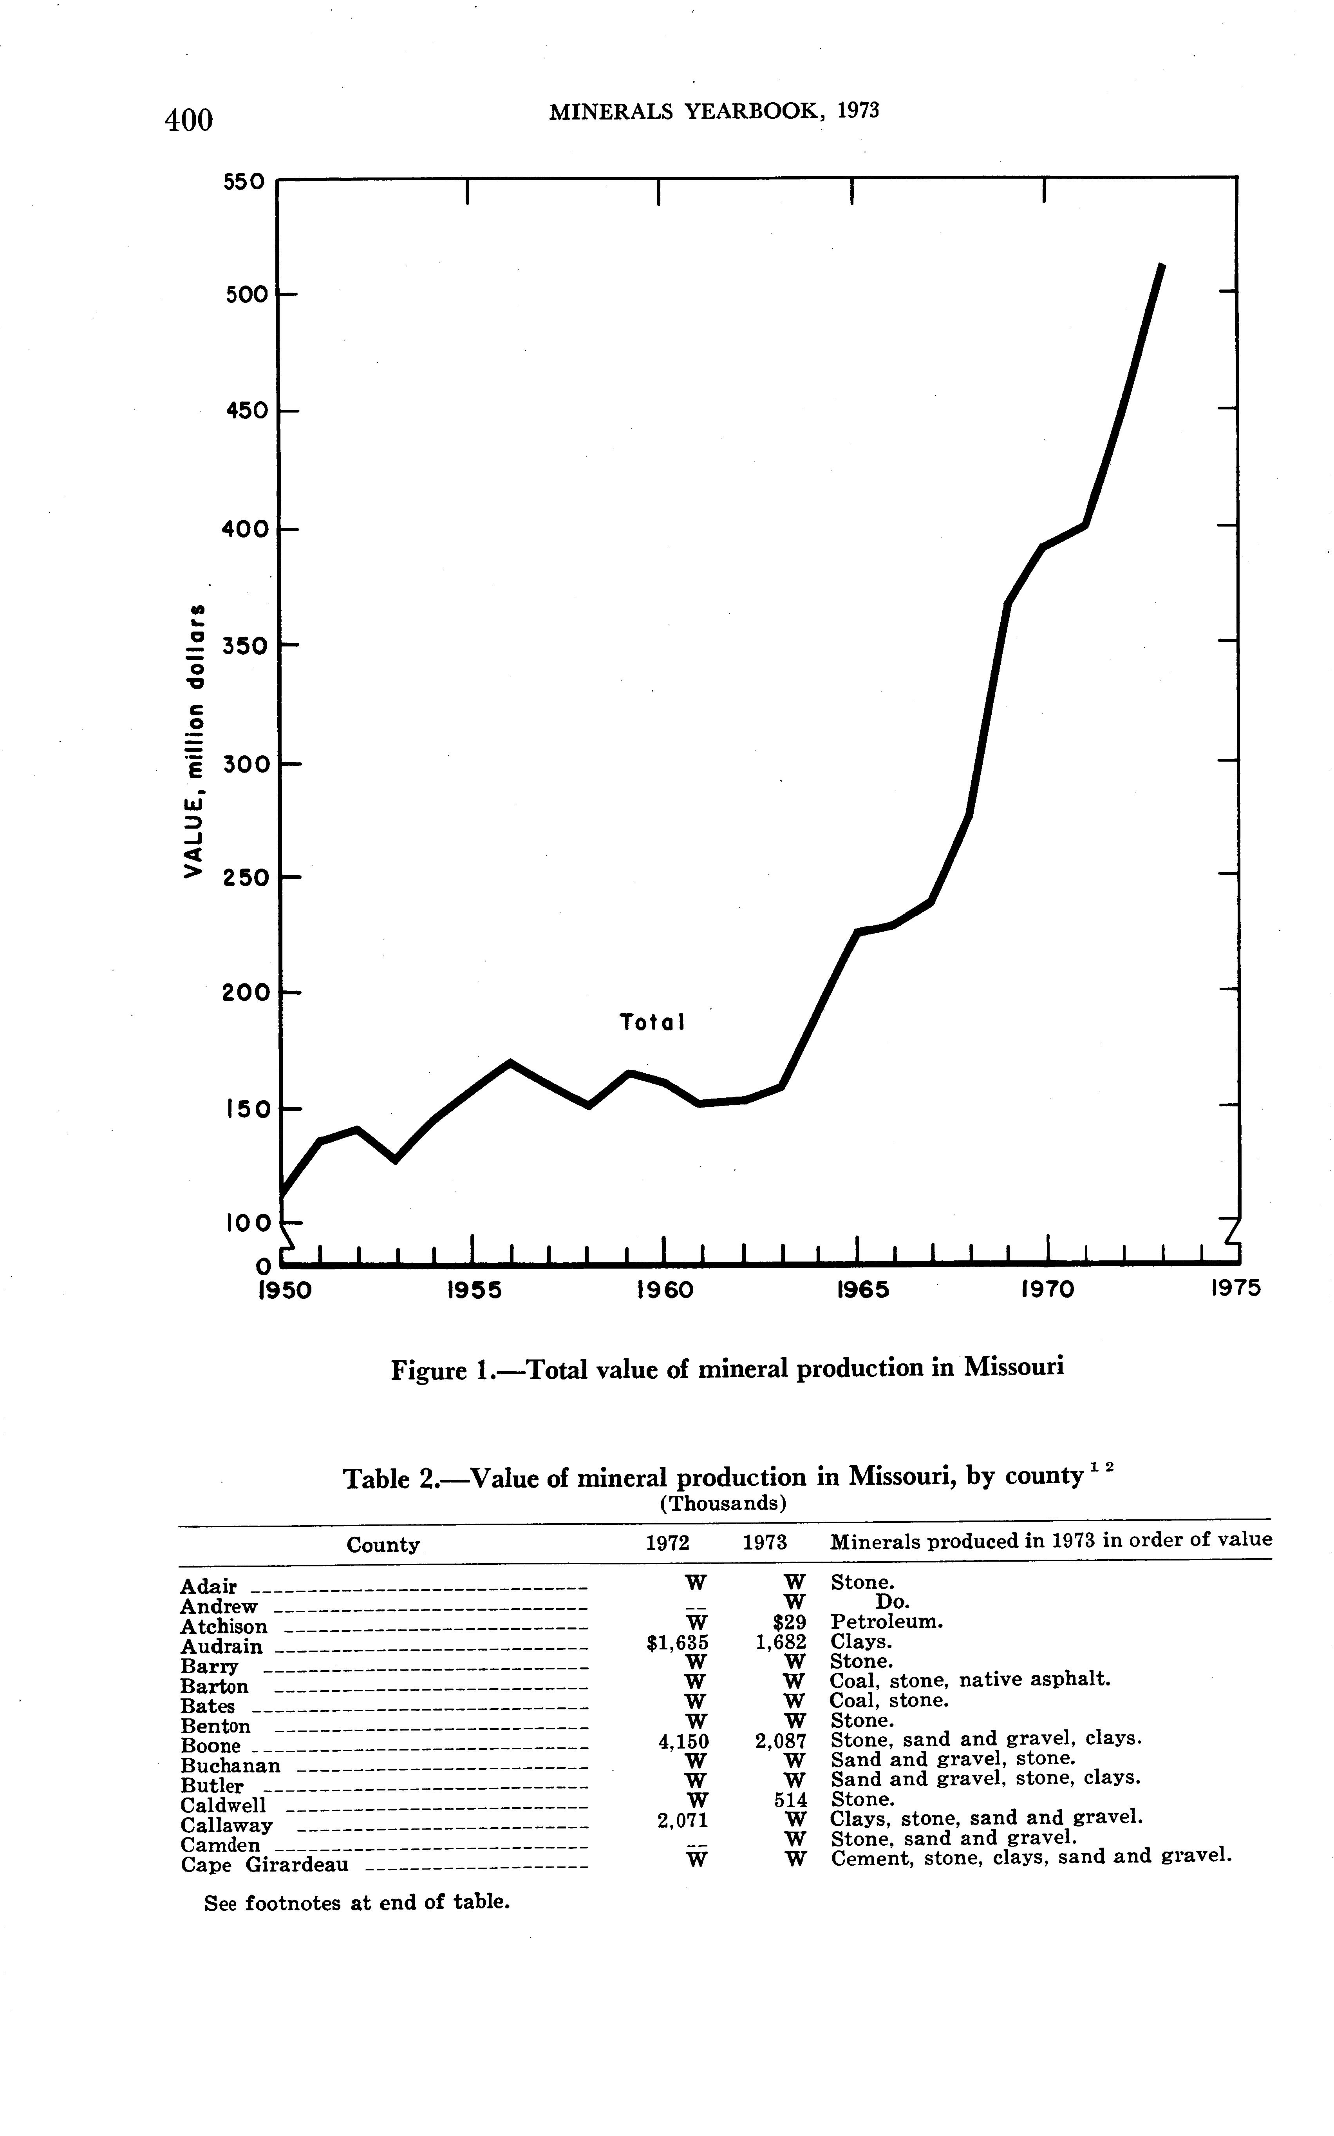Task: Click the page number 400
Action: coord(189,119)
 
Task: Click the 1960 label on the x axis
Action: coord(664,1290)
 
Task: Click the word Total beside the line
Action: coord(652,1023)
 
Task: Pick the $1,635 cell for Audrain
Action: coord(678,1643)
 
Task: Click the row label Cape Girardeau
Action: coord(265,1865)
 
